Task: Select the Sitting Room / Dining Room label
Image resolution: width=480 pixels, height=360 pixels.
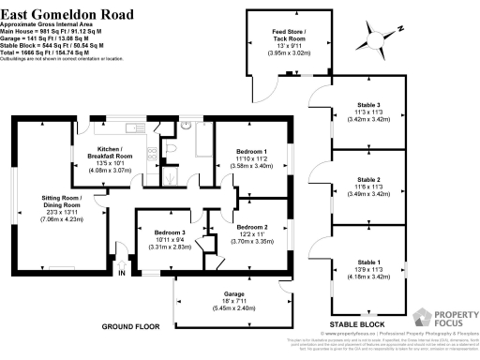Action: tap(74, 202)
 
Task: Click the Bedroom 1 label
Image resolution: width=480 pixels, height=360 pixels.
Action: tap(250, 152)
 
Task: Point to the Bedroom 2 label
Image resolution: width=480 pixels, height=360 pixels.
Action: tap(252, 227)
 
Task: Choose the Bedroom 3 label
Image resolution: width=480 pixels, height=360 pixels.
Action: tap(169, 232)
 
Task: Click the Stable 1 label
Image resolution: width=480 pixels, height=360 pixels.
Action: tap(368, 262)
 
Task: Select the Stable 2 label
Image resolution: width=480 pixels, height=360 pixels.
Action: tap(368, 179)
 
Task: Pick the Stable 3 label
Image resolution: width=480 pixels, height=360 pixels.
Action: tap(368, 105)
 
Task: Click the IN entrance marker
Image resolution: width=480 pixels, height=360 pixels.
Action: tap(121, 273)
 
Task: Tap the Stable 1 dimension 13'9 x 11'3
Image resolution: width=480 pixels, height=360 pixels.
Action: tap(368, 270)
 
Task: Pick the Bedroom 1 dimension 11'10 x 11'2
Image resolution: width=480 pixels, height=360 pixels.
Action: tap(250, 159)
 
